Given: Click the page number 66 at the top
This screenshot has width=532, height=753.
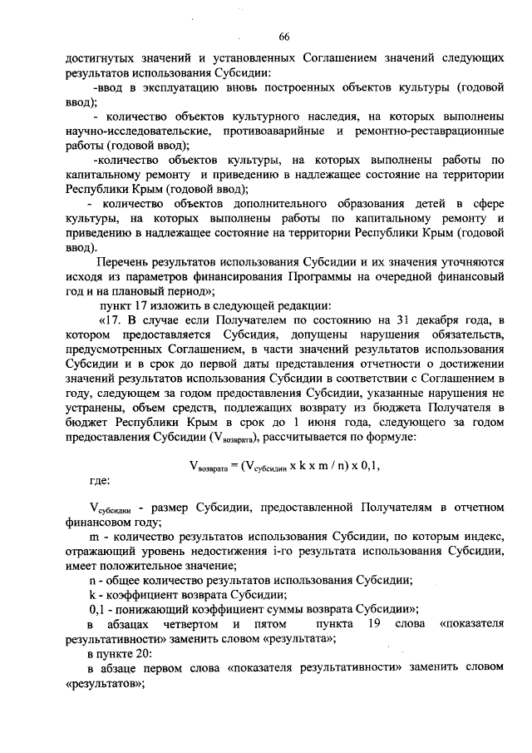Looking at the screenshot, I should tap(284, 37).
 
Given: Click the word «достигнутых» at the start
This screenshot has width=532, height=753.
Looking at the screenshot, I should tap(98, 60).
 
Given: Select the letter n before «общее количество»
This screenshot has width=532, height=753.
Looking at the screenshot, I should tap(92, 580).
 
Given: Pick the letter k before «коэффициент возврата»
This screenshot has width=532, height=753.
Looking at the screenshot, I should tap(91, 595).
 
